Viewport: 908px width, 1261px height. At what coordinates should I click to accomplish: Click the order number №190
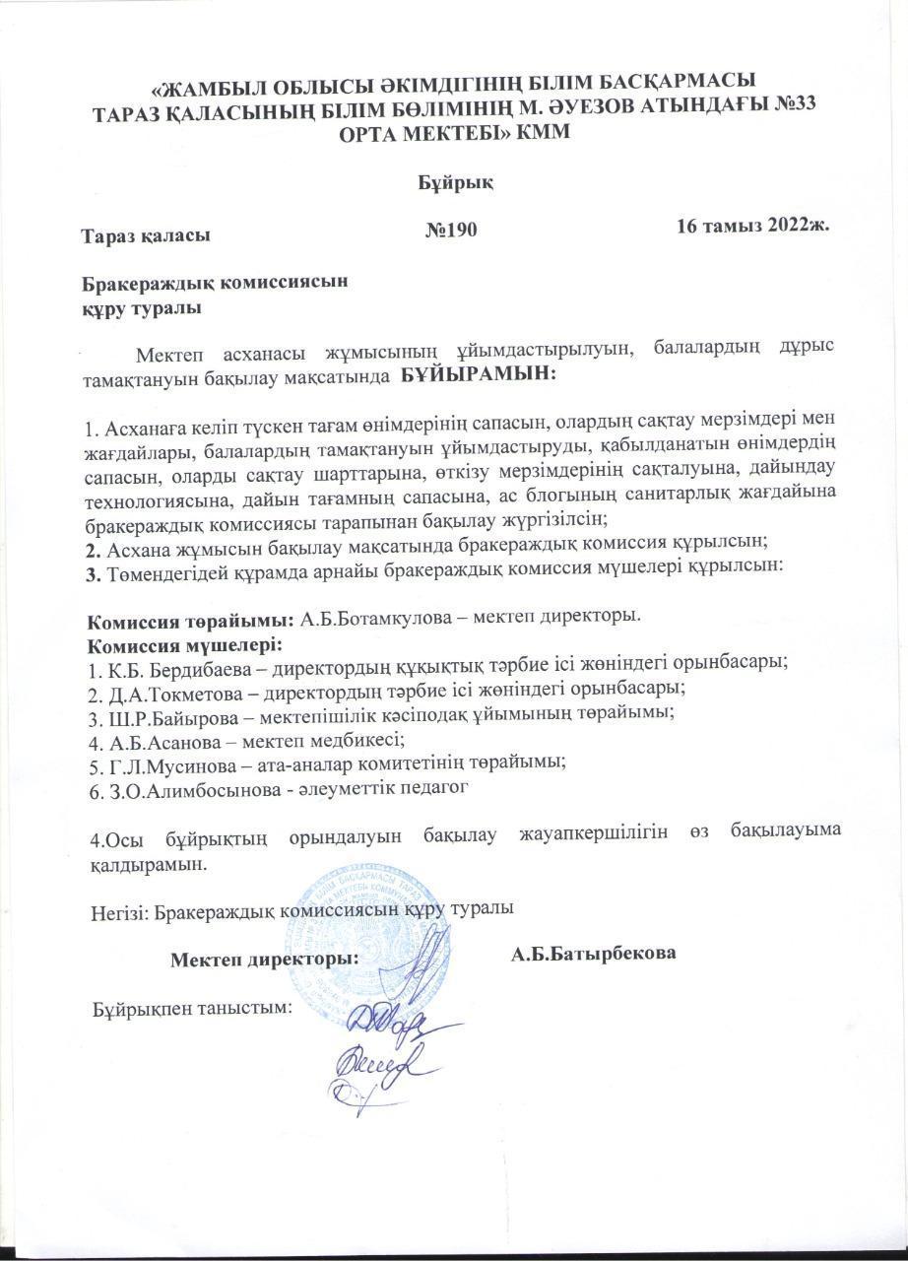[x=451, y=231]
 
